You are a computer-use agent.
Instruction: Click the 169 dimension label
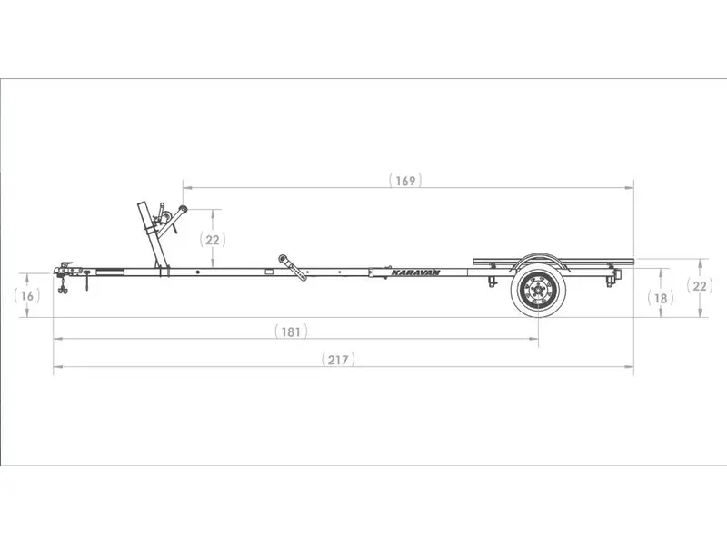pos(405,180)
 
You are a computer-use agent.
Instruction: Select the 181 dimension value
pos(291,332)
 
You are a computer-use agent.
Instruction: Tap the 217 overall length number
pos(338,360)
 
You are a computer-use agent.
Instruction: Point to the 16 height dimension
pos(27,296)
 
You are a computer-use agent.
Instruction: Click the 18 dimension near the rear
pos(661,299)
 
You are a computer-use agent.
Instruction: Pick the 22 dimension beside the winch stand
pos(213,240)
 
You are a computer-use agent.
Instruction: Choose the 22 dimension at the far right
pos(700,286)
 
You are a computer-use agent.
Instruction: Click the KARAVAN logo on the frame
pos(415,272)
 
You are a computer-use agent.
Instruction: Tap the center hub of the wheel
pos(538,291)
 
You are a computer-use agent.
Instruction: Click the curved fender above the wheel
pos(538,255)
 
